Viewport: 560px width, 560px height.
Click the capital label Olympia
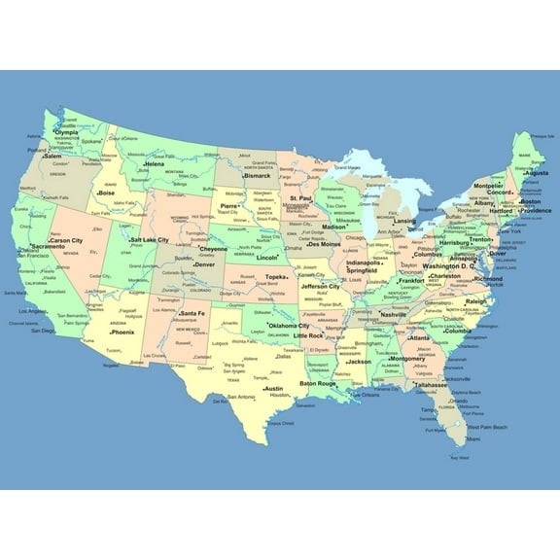click(66, 132)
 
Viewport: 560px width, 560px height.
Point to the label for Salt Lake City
click(150, 239)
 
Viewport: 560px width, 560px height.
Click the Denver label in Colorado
click(204, 263)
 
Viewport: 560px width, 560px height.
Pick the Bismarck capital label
click(257, 176)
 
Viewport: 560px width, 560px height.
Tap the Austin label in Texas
click(273, 388)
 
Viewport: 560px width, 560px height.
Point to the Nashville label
click(394, 315)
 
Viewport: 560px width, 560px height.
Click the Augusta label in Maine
click(536, 173)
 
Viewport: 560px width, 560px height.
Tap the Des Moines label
click(324, 244)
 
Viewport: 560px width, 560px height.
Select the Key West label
click(459, 456)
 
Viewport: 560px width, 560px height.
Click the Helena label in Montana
click(155, 164)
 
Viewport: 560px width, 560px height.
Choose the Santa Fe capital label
click(192, 313)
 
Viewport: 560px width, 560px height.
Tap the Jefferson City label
click(320, 287)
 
